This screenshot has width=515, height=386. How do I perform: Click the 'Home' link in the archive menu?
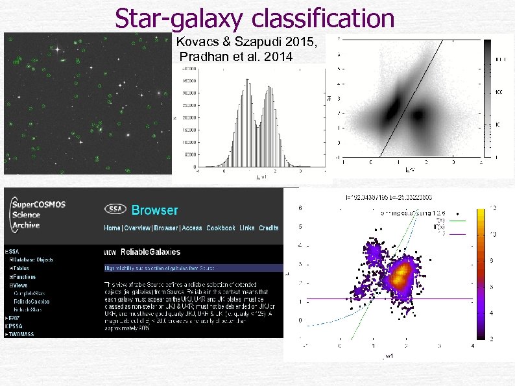112,228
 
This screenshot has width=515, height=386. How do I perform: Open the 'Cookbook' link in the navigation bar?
221,228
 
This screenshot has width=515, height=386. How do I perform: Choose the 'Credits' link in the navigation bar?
269,228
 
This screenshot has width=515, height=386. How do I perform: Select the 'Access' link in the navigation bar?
191,228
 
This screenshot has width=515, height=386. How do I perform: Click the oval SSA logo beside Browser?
115,210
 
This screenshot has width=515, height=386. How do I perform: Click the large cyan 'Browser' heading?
154,210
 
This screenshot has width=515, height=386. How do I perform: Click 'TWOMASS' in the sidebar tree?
23,334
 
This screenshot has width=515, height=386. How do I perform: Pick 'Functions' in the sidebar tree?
25,276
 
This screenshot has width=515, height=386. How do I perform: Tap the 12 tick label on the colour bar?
494,207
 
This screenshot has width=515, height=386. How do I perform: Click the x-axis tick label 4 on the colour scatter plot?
473,346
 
